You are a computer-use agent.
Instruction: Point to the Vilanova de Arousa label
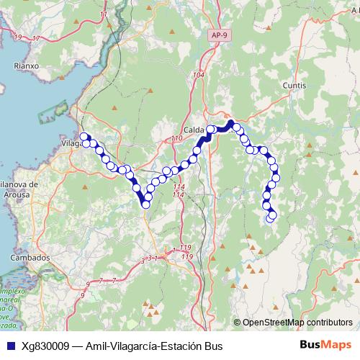[x=19, y=189]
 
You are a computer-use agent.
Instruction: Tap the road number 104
[x=199, y=75]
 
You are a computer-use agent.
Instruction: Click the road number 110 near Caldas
[x=178, y=138]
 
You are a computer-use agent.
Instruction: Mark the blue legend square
[x=9, y=346]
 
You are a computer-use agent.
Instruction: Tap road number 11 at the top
[x=104, y=14]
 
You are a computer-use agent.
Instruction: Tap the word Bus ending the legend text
[x=214, y=346]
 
